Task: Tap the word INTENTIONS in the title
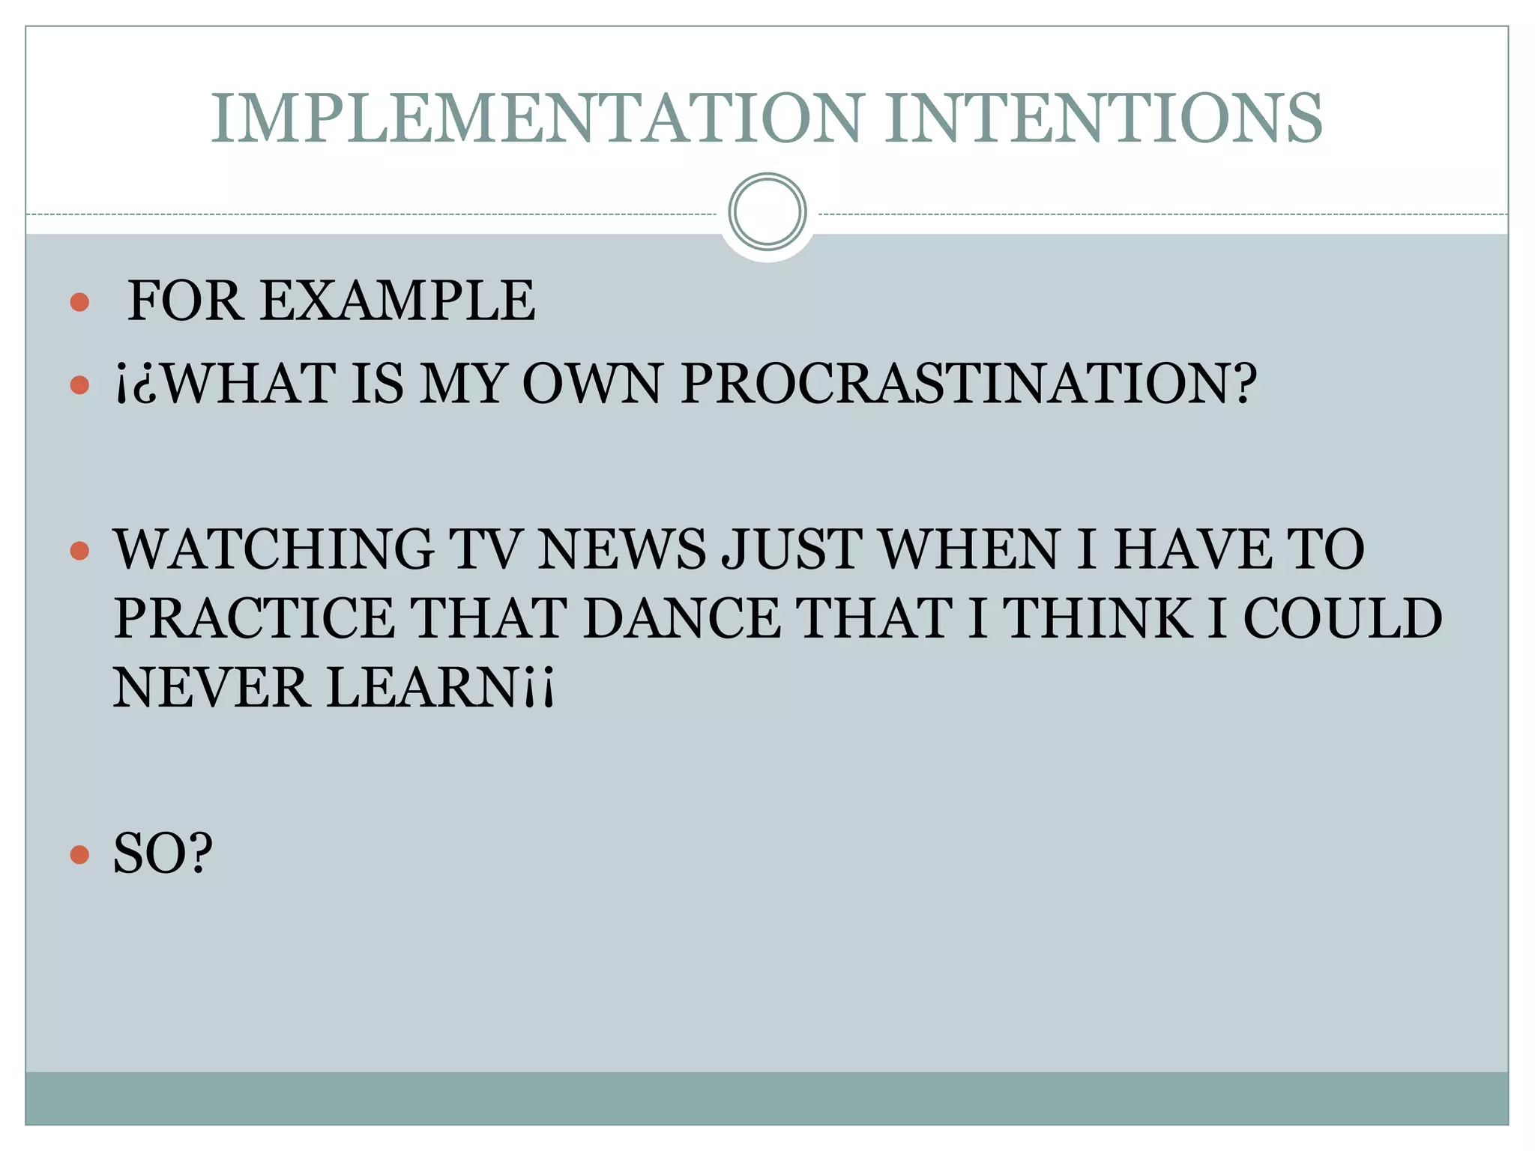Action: point(1104,118)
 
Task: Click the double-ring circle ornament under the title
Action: point(767,212)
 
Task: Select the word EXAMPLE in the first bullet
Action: point(397,301)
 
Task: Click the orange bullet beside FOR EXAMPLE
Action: point(79,303)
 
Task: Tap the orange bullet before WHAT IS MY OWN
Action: point(79,385)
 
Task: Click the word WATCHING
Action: point(274,550)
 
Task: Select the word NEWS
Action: point(621,550)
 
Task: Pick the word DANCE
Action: point(681,619)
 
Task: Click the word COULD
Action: point(1342,619)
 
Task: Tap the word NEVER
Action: point(211,688)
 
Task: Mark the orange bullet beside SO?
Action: point(79,854)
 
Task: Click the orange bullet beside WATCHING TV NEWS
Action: point(79,552)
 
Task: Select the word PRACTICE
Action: point(254,619)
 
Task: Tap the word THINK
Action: point(1097,619)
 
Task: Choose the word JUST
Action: point(791,550)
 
